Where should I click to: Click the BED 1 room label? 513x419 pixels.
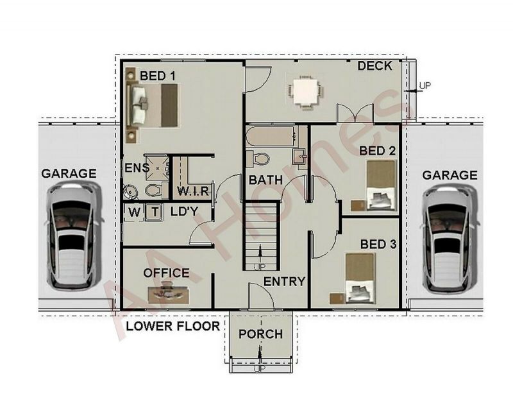pos(158,76)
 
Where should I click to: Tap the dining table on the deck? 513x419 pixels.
pos(305,92)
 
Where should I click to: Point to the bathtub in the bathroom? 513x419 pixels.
pos(272,136)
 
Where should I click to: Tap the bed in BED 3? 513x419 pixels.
pos(360,278)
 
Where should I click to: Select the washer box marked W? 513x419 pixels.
pos(134,212)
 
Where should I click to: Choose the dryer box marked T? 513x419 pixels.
pos(155,212)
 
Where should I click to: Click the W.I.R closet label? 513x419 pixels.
pos(193,191)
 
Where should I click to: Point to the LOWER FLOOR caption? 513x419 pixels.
pos(173,326)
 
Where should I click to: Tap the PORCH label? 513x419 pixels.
pos(261,334)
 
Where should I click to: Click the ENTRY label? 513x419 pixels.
pos(284,282)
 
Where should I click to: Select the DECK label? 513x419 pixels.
pos(375,66)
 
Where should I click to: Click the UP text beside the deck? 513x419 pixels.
pos(425,86)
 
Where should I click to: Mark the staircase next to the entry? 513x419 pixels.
pos(261,236)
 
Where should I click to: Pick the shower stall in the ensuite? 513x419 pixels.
pos(158,168)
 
